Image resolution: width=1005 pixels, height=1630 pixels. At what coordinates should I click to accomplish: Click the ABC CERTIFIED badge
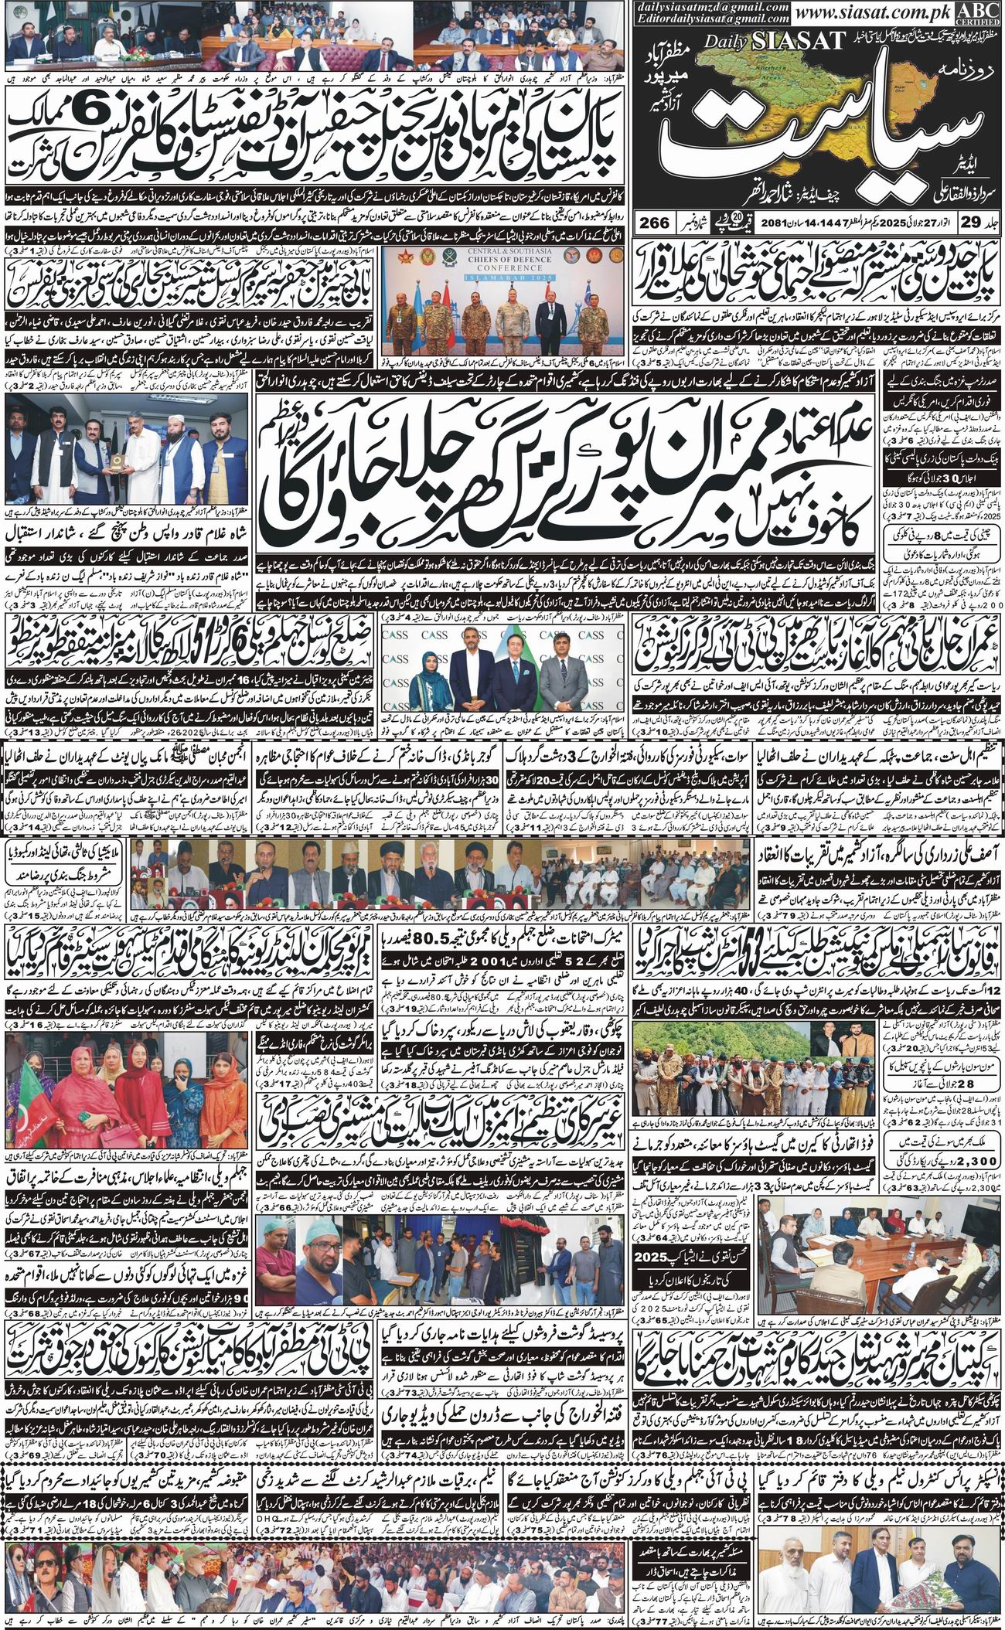pos(983,13)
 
